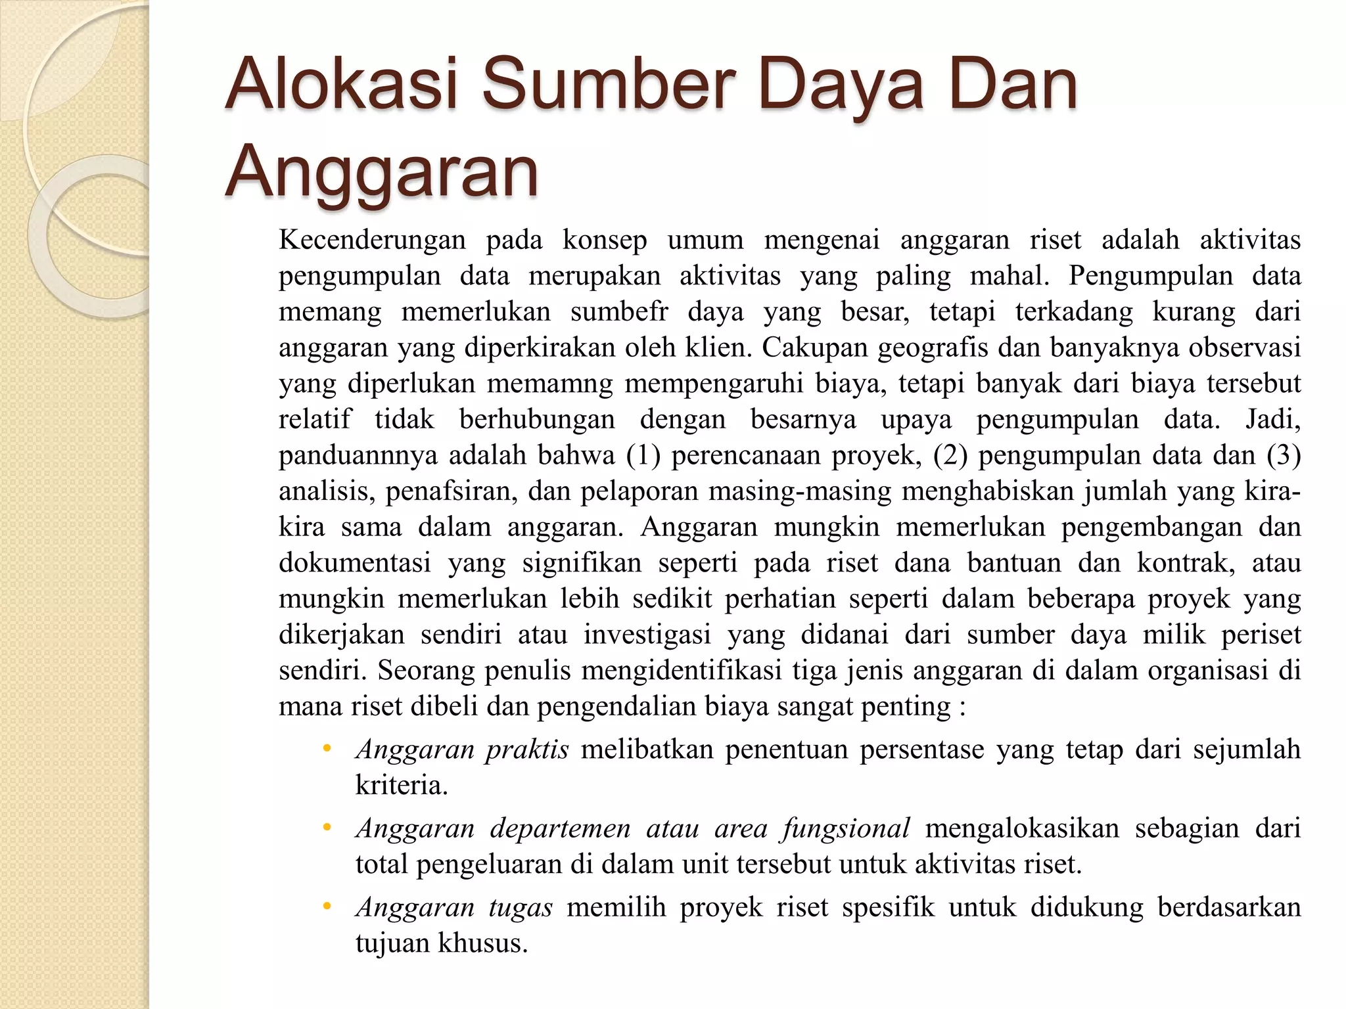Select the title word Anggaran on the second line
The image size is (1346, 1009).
381,172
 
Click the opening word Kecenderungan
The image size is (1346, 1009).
372,240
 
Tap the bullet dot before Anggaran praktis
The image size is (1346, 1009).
327,748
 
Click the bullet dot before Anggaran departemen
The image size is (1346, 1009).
327,827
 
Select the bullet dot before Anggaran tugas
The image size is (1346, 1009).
327,907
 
